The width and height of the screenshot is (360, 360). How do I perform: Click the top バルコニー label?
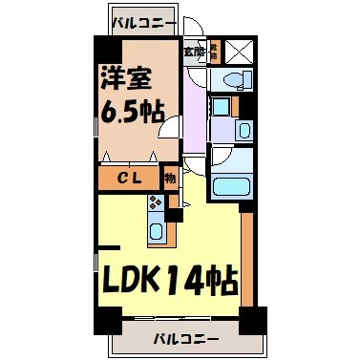coord(142,20)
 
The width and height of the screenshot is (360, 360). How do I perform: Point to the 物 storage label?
coord(170,178)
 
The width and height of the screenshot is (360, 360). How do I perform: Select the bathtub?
coord(228,184)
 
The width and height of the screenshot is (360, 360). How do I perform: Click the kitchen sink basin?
coord(155,229)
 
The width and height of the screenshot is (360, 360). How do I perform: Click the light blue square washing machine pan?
coord(220,107)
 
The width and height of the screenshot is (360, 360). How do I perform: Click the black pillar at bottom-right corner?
coord(252,323)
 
